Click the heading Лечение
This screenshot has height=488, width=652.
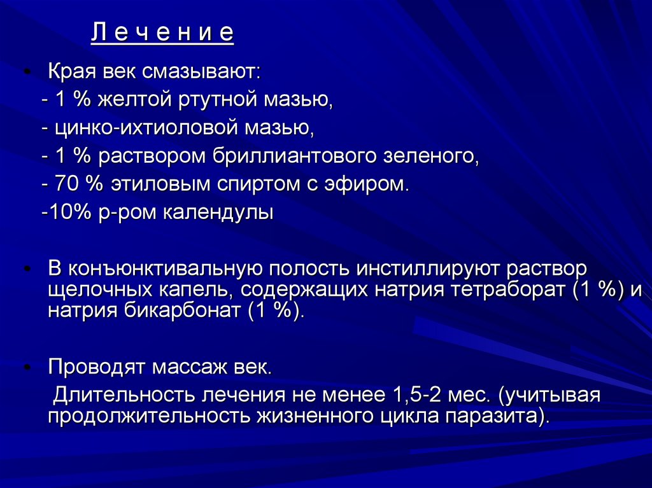pyautogui.click(x=162, y=33)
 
